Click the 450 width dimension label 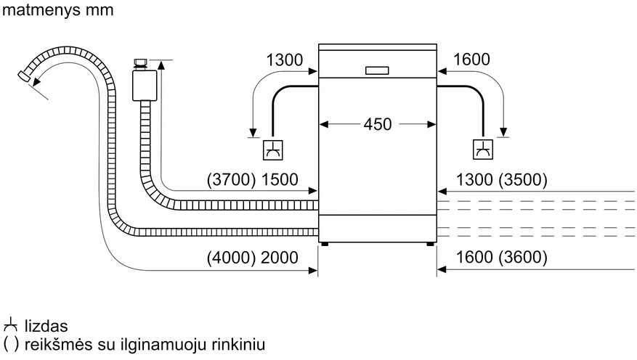(378, 124)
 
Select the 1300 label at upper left (285, 60)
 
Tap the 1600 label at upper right (471, 60)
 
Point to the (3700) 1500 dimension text (252, 179)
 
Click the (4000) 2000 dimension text (252, 258)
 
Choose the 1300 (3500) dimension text (502, 179)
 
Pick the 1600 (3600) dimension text (502, 257)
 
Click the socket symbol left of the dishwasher (272, 150)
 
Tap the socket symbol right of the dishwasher (483, 150)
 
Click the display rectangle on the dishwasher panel (377, 70)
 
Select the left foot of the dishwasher (324, 245)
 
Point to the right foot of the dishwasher (430, 245)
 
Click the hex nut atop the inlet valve (141, 64)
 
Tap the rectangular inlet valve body (145, 85)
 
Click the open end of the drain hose (23, 76)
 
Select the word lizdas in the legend (46, 327)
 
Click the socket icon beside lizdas (10, 326)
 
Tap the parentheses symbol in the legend (11, 345)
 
